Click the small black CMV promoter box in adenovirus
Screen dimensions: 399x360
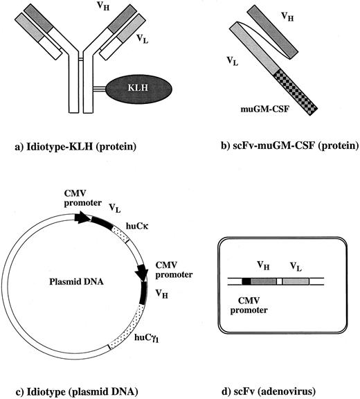point(247,282)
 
